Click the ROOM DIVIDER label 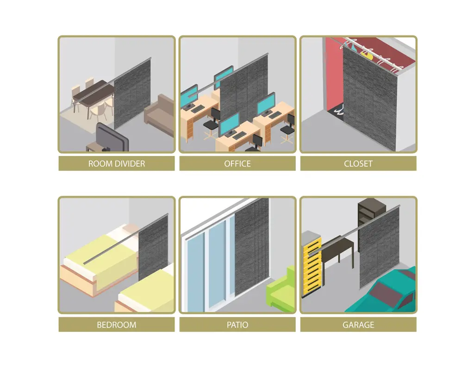[x=116, y=164]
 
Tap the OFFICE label [x=237, y=164]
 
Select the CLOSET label [x=358, y=164]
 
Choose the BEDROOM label [x=116, y=325]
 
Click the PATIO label [x=237, y=325]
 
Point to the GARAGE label [x=358, y=325]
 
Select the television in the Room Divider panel [x=112, y=137]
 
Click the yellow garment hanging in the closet [x=367, y=55]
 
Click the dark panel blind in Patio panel [x=251, y=246]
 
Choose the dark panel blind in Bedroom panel [x=153, y=248]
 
